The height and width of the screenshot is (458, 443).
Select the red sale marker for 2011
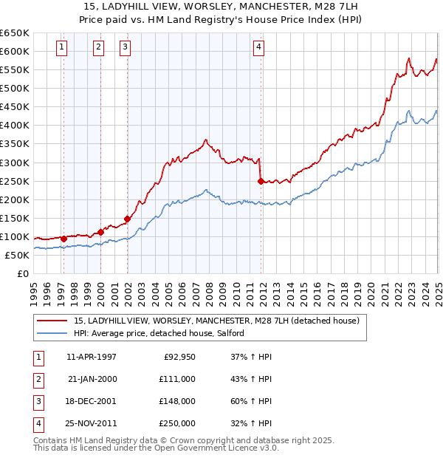[x=261, y=181]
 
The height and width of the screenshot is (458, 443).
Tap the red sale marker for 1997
[x=64, y=239]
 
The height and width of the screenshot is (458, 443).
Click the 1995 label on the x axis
[x=34, y=293]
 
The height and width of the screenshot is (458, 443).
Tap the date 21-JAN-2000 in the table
[x=92, y=379]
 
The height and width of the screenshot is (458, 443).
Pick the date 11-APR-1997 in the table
[x=92, y=357]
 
